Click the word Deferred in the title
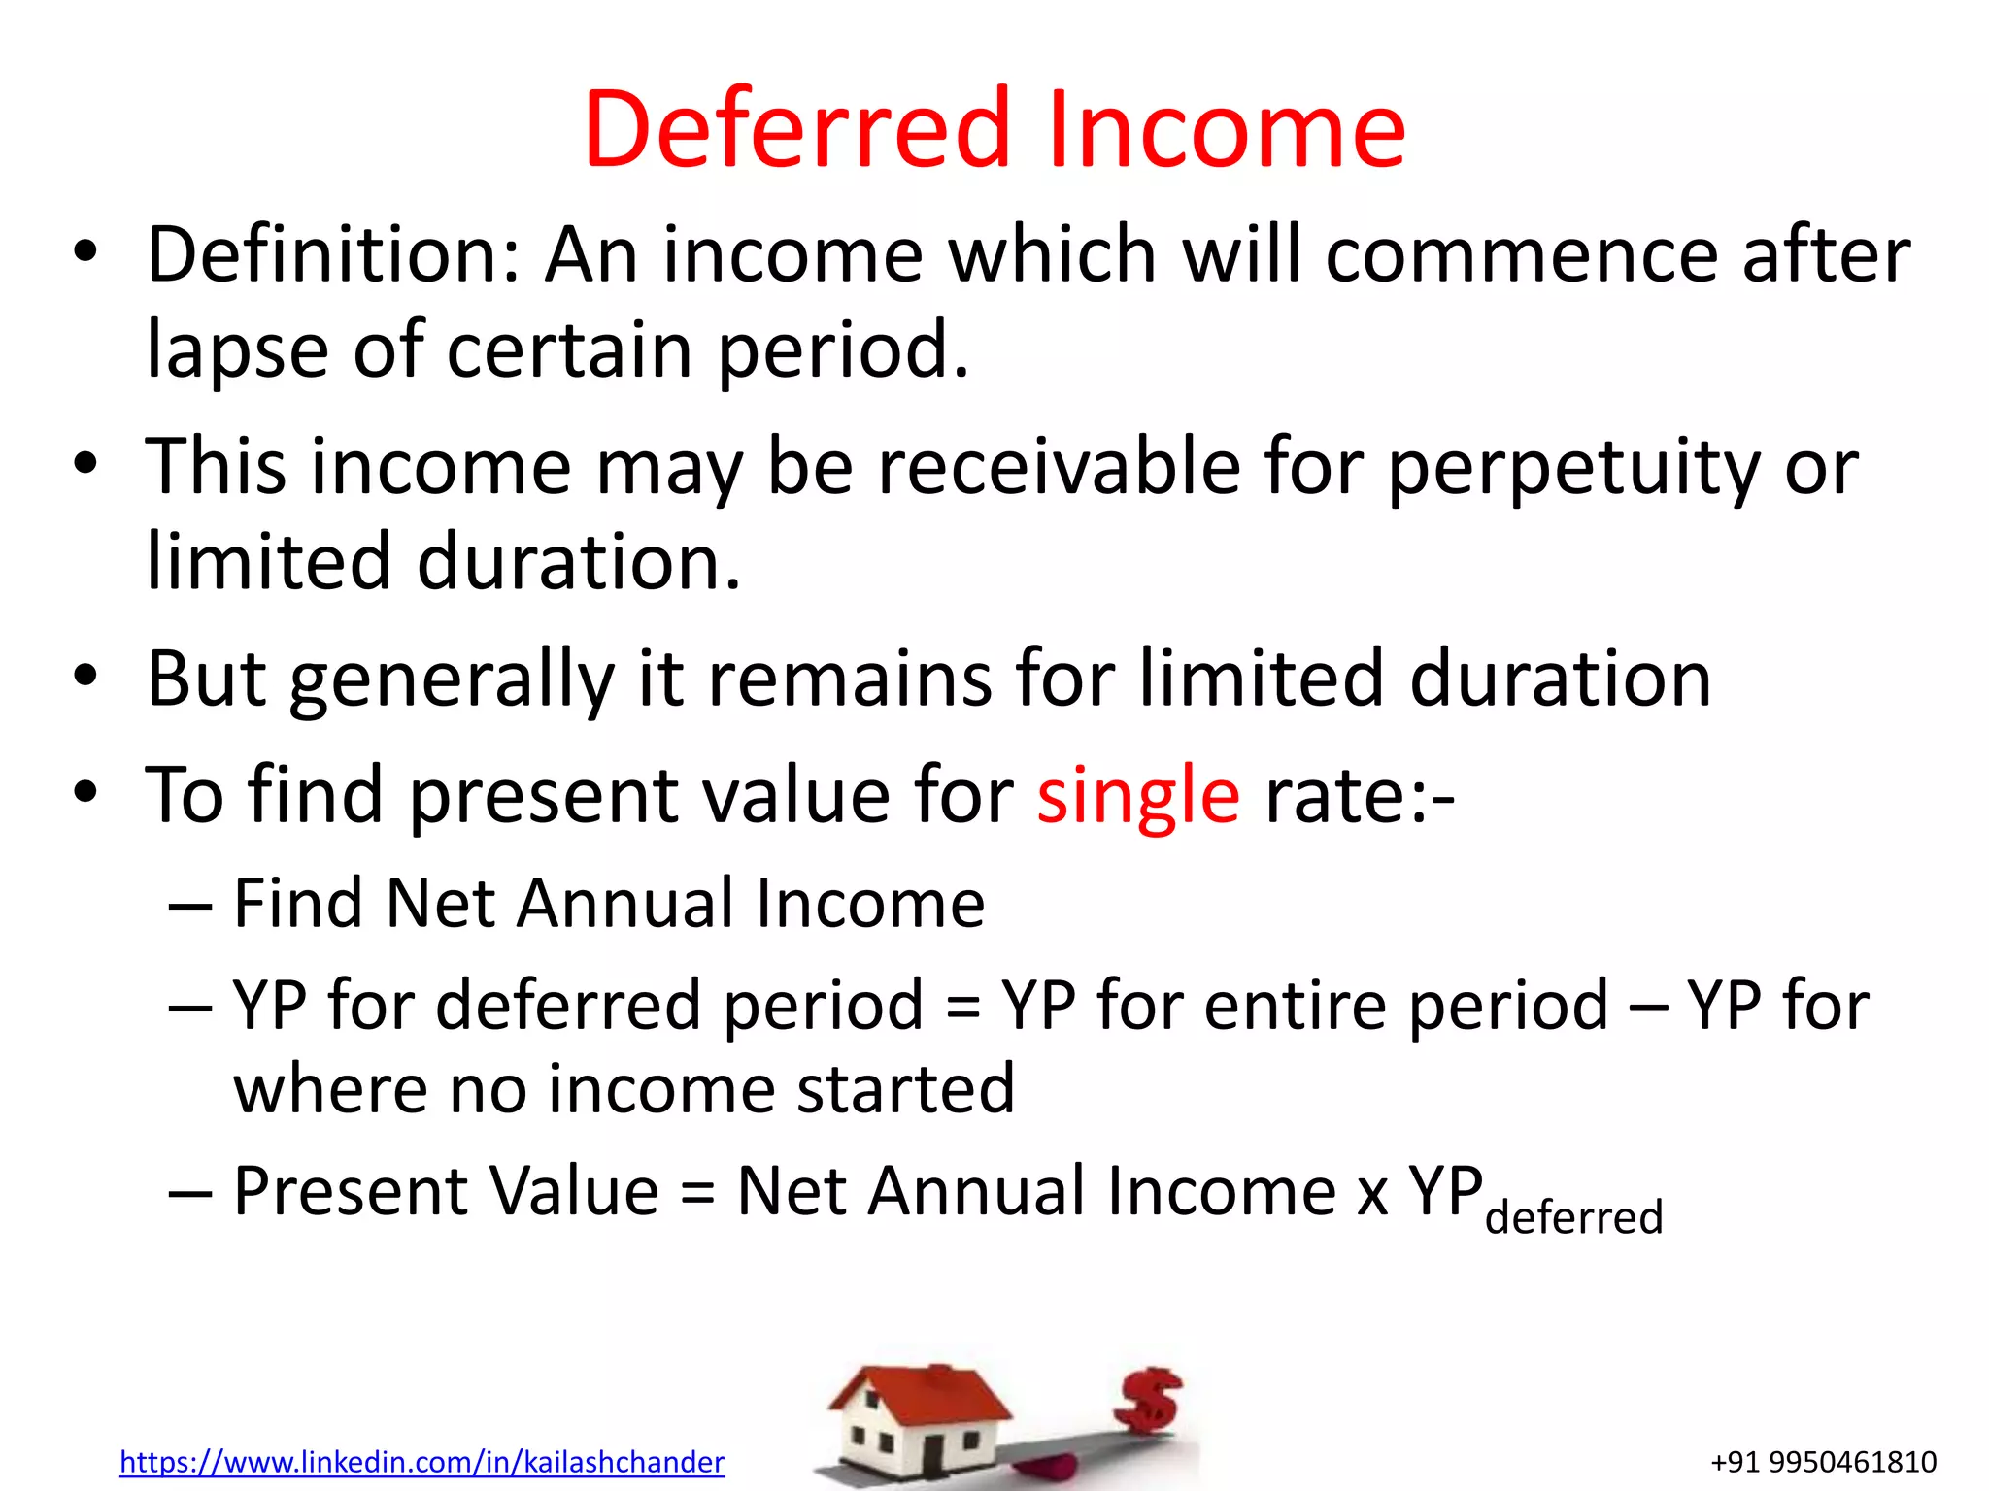click(796, 129)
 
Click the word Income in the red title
click(1226, 129)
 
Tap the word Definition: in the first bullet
click(333, 254)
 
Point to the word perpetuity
click(1572, 469)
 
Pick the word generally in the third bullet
click(452, 680)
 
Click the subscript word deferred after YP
click(1573, 1217)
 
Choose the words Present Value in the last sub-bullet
click(447, 1191)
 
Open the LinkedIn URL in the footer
click(421, 1462)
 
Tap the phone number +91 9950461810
click(1823, 1462)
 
